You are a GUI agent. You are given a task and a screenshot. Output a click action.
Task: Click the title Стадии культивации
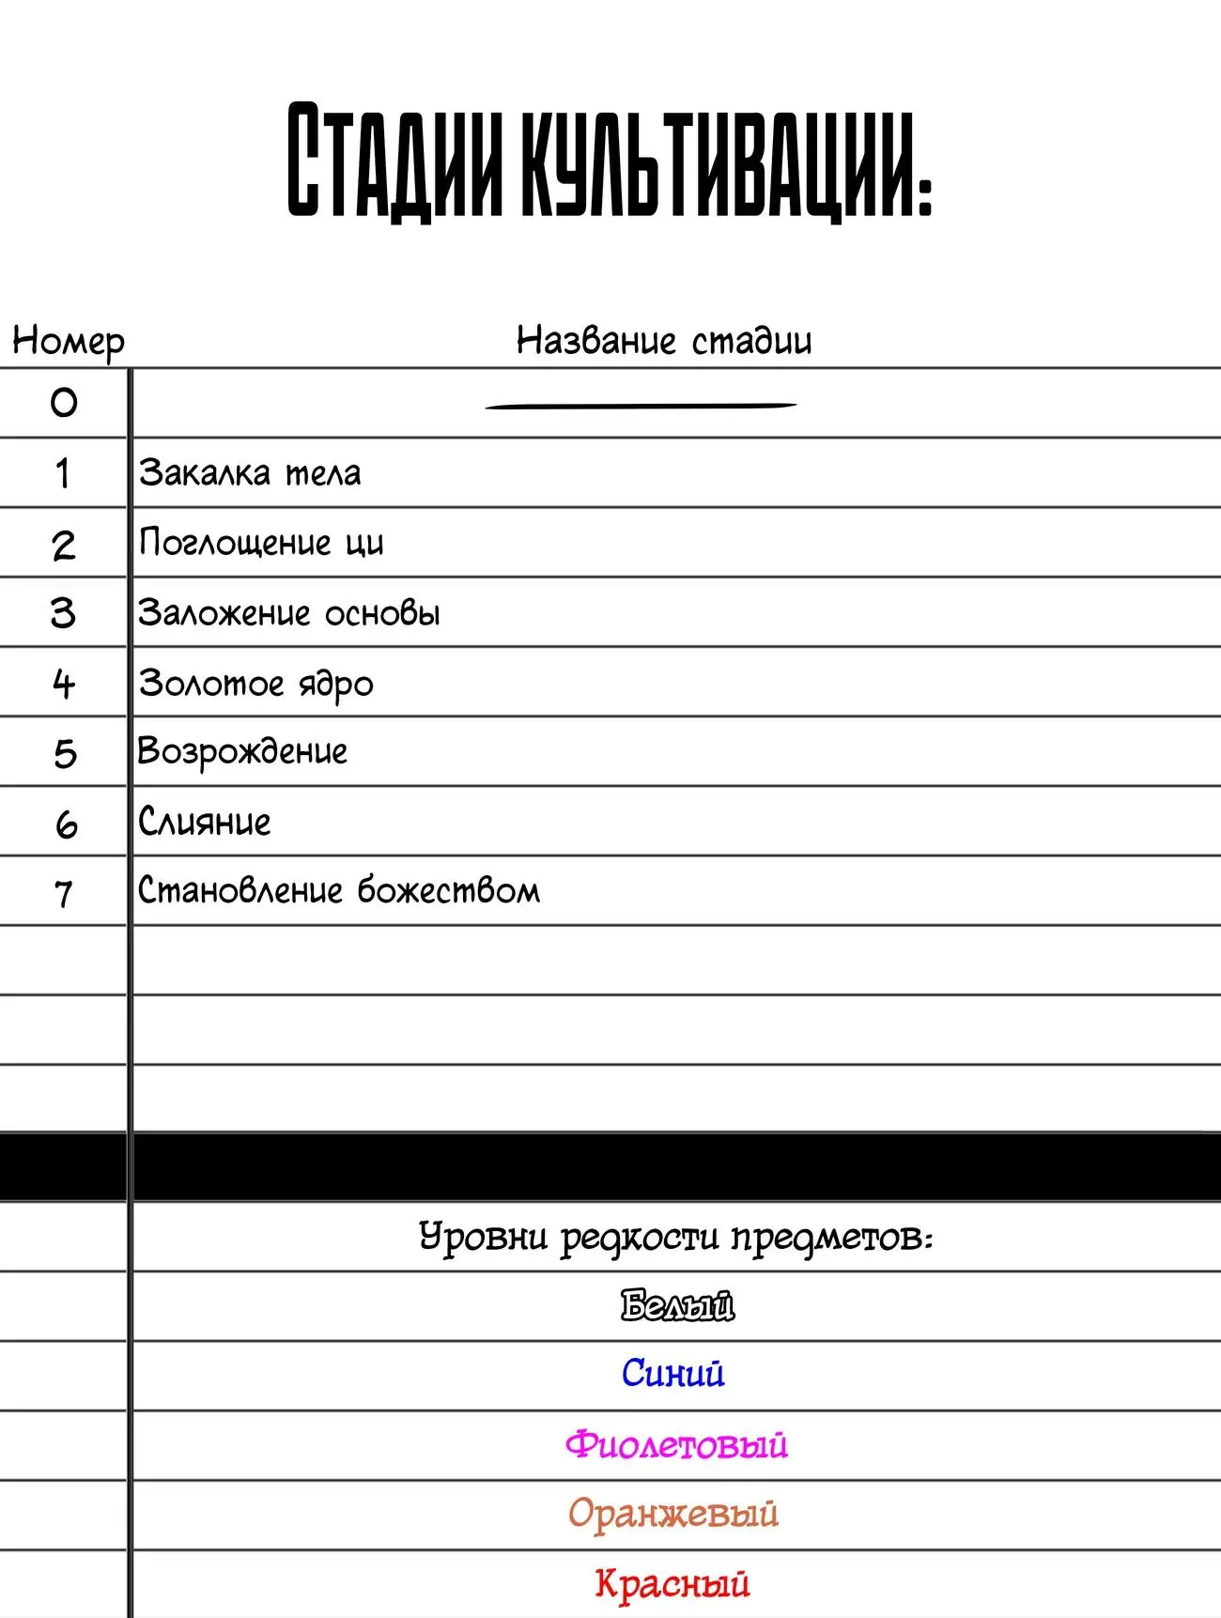pos(609,162)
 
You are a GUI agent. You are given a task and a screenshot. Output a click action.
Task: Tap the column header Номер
pos(68,340)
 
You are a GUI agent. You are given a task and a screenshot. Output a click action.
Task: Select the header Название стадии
pos(663,340)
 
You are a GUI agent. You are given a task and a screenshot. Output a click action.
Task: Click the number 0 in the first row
pos(64,403)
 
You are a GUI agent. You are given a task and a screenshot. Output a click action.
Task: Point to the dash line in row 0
pos(641,406)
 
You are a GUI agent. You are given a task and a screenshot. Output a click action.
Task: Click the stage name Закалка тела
pos(250,472)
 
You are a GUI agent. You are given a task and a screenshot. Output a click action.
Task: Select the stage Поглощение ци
pos(261,543)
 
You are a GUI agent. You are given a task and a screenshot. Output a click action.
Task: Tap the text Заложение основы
pos(289,613)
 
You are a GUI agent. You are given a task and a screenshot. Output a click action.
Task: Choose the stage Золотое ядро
pos(255,684)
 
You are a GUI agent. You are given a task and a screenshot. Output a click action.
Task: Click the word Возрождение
pos(242,752)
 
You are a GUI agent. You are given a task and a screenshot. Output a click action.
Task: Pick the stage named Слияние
pos(205,822)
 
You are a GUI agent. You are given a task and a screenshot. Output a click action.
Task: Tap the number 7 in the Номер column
pos(64,893)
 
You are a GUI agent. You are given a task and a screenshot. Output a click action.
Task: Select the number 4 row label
pos(64,684)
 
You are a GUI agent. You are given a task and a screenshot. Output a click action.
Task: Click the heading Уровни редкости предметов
pos(675,1237)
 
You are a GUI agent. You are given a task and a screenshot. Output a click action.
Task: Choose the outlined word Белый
pos(677,1306)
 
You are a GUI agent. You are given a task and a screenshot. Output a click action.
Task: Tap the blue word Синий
pos(672,1374)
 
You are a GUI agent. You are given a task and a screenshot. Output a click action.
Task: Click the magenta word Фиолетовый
pos(676,1444)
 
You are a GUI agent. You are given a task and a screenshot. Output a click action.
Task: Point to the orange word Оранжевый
pos(673,1514)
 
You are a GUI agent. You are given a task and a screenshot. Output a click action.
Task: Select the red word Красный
pos(672,1583)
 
